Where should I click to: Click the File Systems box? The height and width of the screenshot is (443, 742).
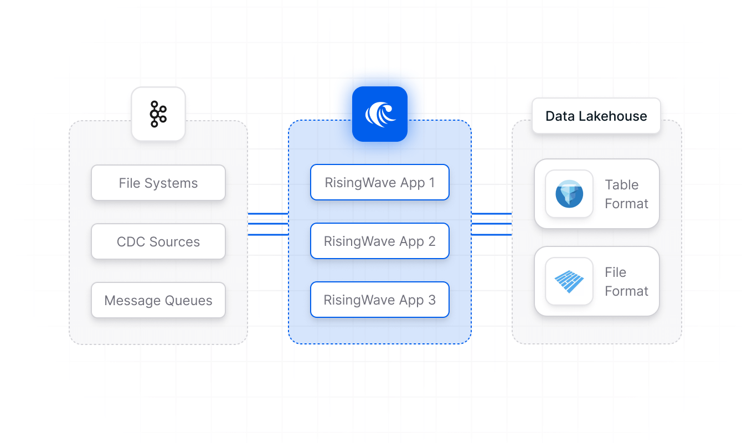(158, 183)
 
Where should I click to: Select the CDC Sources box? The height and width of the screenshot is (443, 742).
(158, 241)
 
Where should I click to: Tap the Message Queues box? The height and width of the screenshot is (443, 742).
(158, 300)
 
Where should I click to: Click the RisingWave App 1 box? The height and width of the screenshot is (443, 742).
(379, 182)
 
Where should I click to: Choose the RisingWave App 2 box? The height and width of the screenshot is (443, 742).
(379, 241)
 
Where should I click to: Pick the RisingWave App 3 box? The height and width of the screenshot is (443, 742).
(379, 300)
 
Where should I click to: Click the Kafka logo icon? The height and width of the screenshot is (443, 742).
(158, 114)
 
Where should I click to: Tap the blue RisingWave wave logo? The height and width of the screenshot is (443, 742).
(380, 114)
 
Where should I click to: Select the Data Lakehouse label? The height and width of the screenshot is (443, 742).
(596, 116)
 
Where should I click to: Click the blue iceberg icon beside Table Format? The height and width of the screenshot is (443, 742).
(569, 194)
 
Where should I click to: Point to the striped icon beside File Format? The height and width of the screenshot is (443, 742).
(569, 281)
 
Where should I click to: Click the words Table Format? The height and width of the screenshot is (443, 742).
(626, 194)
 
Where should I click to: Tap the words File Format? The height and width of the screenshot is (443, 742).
(626, 281)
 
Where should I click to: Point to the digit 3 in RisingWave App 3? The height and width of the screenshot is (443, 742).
(431, 300)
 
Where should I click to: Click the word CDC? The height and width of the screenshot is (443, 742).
(130, 241)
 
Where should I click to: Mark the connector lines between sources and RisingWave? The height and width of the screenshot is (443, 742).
(268, 224)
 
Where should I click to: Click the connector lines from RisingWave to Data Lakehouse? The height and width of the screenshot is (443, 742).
(491, 224)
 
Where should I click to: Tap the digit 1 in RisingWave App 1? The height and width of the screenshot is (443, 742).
(431, 182)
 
